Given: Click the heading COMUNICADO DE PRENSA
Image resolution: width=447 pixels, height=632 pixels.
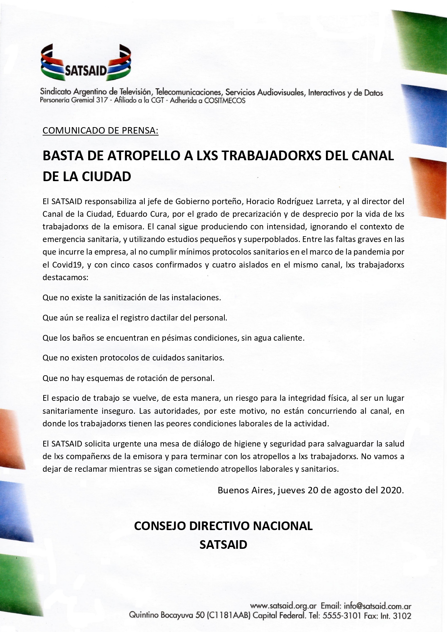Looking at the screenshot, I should click(100, 130).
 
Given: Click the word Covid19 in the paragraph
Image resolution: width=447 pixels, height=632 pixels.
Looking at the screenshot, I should click(67, 265).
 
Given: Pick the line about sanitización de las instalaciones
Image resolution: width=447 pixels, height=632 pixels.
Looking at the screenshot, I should click(131, 298).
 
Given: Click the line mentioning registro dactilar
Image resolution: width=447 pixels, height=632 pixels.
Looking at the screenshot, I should click(135, 318).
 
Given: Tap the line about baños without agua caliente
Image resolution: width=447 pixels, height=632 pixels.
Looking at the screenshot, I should click(173, 338).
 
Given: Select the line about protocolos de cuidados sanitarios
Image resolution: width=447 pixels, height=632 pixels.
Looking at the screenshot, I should click(133, 358).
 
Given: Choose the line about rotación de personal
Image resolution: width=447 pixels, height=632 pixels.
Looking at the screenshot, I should click(128, 378).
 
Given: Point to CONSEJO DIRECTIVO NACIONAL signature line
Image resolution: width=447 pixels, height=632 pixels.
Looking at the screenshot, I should click(223, 526).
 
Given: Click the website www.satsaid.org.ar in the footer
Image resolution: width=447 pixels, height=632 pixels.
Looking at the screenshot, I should click(283, 606).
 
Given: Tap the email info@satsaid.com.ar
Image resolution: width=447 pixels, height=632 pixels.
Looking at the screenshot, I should click(377, 606).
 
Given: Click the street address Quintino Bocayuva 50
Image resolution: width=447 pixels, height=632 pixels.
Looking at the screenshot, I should click(168, 616).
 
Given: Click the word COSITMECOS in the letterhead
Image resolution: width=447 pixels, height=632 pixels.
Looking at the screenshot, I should click(224, 100).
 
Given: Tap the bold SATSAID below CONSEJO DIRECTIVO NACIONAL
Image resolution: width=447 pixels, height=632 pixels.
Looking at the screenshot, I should click(223, 544).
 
